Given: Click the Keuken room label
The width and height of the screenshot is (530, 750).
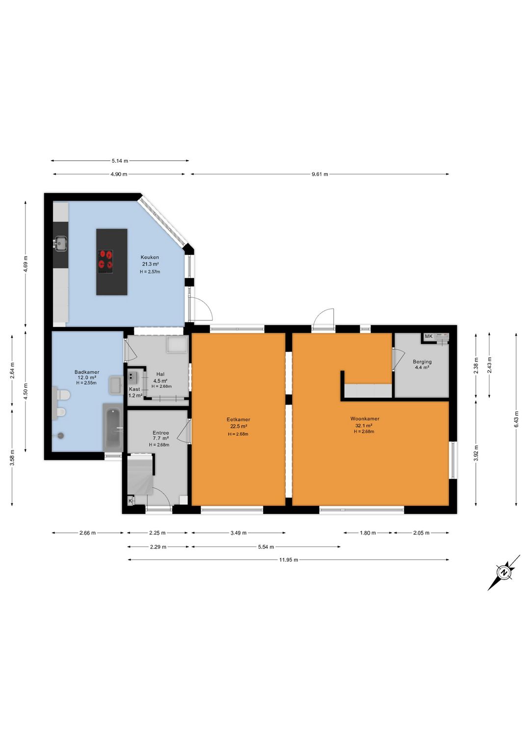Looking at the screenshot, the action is click(150, 258).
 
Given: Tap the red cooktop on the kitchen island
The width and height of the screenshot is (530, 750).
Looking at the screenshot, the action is click(105, 262).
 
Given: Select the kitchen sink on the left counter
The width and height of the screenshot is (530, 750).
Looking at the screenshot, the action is click(61, 243).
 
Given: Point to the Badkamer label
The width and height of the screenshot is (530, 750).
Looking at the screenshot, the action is click(86, 372).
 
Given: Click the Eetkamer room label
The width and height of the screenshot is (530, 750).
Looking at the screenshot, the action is click(238, 419).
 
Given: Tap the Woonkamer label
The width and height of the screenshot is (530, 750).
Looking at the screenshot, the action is click(365, 419).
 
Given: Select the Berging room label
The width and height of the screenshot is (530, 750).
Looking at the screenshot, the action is click(422, 362).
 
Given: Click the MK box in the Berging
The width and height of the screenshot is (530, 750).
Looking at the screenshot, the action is click(428, 336).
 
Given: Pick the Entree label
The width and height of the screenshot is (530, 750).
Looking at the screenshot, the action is click(160, 433).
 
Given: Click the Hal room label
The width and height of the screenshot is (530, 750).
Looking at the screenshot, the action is click(160, 375).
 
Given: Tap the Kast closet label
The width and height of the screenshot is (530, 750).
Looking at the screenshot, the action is click(134, 389).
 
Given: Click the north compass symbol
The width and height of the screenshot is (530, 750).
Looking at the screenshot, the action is click(503, 573).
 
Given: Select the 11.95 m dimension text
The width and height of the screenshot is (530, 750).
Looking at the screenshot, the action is click(289, 559).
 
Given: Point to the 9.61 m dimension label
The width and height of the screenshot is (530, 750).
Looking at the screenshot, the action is click(319, 174).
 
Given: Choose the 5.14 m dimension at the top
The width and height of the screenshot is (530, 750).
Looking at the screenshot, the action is click(120, 161).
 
